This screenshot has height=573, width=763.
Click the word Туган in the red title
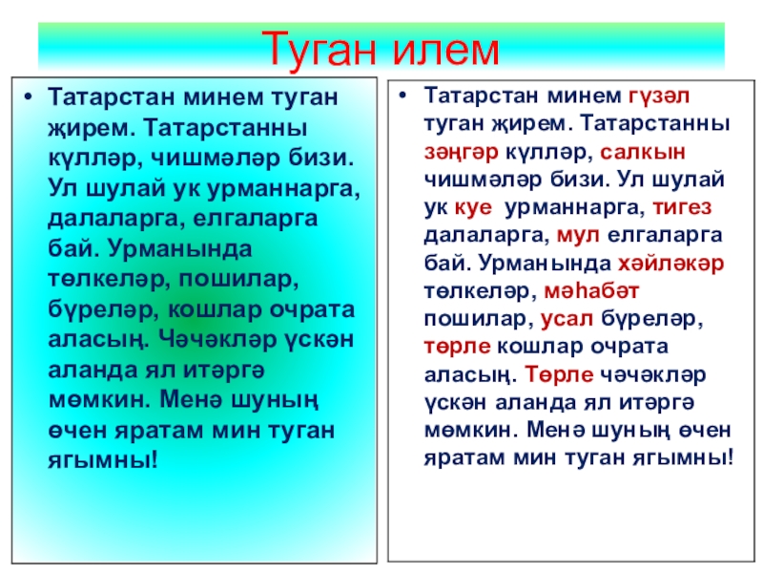pyautogui.click(x=322, y=49)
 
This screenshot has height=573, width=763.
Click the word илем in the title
pyautogui.click(x=446, y=49)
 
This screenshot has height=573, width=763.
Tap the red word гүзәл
pyautogui.click(x=659, y=96)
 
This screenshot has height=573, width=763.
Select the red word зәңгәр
pyautogui.click(x=462, y=153)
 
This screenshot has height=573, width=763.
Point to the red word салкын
pyautogui.click(x=643, y=152)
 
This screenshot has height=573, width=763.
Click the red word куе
pyautogui.click(x=473, y=208)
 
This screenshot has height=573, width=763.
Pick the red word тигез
pyautogui.click(x=682, y=207)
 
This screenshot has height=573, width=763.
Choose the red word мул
pyautogui.click(x=578, y=236)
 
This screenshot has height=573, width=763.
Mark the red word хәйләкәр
pyautogui.click(x=671, y=264)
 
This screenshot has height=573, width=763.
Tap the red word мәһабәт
pyautogui.click(x=591, y=291)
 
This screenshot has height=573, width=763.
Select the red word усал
pyautogui.click(x=567, y=319)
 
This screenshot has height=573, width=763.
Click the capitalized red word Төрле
pyautogui.click(x=559, y=374)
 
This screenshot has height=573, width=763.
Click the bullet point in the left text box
pyautogui.click(x=29, y=97)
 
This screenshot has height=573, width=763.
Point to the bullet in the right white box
pyautogui.click(x=402, y=95)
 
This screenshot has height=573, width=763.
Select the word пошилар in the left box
pyautogui.click(x=238, y=279)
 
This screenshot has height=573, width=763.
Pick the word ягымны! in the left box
pyautogui.click(x=103, y=460)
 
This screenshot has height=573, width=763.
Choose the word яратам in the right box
pyautogui.click(x=464, y=458)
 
